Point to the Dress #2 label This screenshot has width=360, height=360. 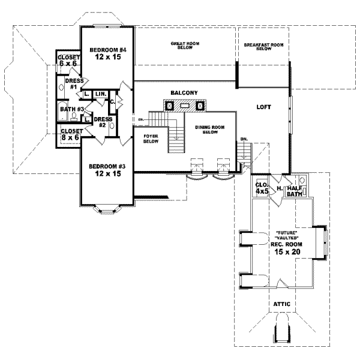click(100, 122)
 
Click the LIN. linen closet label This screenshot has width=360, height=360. click(100, 94)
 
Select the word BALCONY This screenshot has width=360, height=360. click(184, 92)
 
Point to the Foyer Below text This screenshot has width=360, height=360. click(150, 139)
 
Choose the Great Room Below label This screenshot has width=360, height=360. click(185, 46)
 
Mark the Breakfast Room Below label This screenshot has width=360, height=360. click(264, 46)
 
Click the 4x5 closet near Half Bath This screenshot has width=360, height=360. click(262, 188)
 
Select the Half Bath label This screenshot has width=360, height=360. click(293, 190)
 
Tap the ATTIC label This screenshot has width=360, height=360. click(282, 304)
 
